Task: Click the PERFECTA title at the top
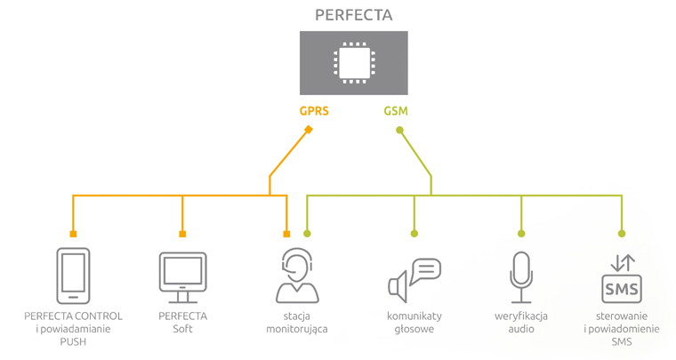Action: coord(354,15)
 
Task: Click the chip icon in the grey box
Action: coord(354,62)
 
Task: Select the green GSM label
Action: coord(397,113)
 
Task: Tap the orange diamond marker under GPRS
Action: coord(309,130)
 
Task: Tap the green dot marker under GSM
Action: coord(399,131)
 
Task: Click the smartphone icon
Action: coord(73,276)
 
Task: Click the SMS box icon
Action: coord(622,279)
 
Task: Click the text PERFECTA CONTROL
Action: coord(73,316)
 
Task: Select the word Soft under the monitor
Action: coord(182,329)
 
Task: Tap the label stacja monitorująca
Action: coord(297,323)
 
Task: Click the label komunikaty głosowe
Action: coord(414,323)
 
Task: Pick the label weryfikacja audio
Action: coord(521,323)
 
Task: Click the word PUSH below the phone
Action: coord(73,341)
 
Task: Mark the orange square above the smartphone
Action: coord(73,234)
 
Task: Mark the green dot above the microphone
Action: coord(521,234)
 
